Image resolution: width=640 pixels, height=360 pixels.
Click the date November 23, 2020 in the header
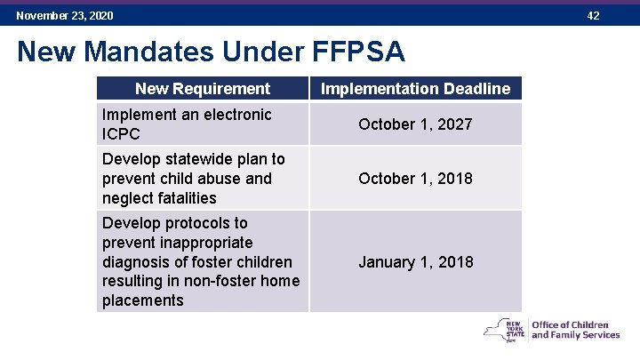point(64,16)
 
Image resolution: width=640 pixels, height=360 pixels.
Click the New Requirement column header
point(203,88)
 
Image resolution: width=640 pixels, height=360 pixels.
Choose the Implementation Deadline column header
point(415,88)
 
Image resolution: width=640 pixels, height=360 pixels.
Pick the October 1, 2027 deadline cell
point(415,124)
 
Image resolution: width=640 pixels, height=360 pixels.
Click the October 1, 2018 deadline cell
point(415,178)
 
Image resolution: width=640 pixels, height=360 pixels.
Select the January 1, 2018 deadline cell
point(415,261)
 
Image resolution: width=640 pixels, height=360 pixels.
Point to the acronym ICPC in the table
point(121,134)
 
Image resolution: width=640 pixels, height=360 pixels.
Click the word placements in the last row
point(143,300)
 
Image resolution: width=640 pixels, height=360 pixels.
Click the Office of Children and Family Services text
point(575,330)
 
